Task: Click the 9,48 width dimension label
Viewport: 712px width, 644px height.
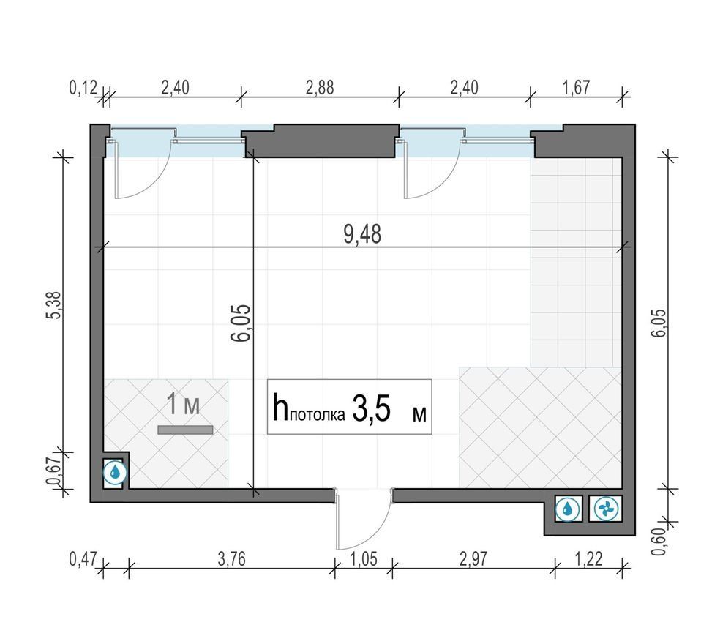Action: click(362, 234)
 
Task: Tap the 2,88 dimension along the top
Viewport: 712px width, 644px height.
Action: click(320, 88)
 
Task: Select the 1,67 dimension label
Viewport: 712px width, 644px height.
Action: click(576, 88)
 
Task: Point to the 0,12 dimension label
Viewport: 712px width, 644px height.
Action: click(83, 88)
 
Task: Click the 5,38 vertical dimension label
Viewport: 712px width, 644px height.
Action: click(53, 304)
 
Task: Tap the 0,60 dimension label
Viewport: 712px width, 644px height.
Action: click(659, 542)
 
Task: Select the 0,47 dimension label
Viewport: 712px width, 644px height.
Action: click(83, 559)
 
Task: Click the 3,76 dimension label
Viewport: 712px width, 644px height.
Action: click(231, 559)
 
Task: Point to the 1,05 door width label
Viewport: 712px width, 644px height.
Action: click(364, 559)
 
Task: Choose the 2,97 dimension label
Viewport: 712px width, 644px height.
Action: click(473, 559)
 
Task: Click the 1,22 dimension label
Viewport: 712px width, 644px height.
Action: click(589, 559)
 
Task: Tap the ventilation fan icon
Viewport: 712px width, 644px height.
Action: click(605, 508)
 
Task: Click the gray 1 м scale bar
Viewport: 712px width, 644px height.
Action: click(185, 430)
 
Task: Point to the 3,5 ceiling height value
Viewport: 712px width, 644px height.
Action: click(371, 409)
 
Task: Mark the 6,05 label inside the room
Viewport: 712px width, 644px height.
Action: click(240, 323)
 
